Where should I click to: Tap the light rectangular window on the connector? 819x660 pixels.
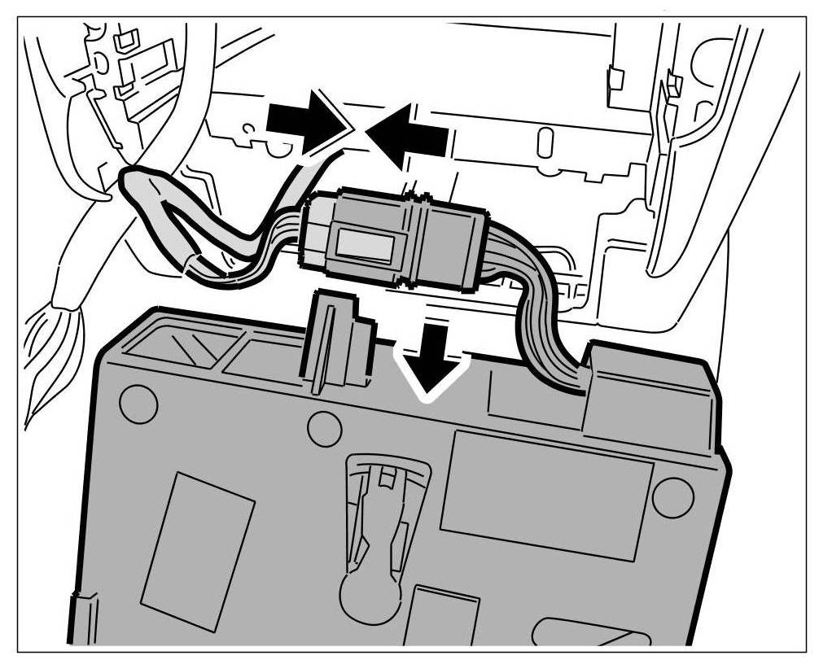coord(366,244)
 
